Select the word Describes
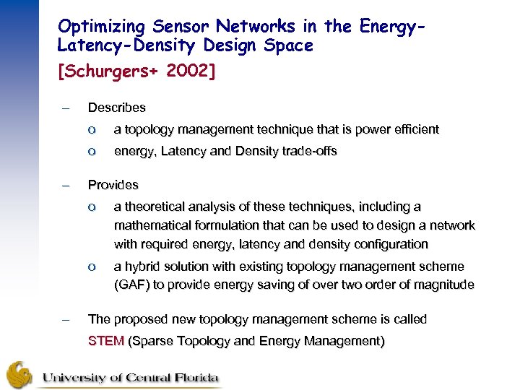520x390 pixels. [116, 108]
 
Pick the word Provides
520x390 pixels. [113, 185]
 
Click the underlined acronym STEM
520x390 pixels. [105, 341]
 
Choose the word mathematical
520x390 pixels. [149, 225]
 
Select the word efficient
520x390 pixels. [414, 129]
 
